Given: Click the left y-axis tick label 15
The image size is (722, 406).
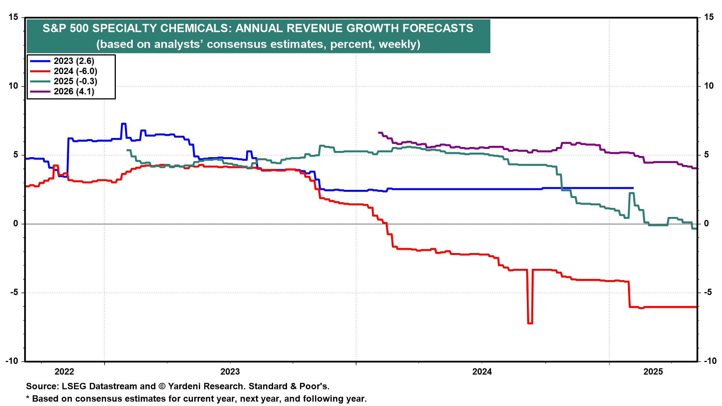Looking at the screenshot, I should coord(14,17).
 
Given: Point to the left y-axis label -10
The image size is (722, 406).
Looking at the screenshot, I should coord(12,361).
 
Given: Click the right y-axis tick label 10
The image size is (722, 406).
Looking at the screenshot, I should coord(708,86).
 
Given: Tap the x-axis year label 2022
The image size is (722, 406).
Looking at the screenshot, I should coord(64,372).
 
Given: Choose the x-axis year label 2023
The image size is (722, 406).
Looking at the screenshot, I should coord(230,372).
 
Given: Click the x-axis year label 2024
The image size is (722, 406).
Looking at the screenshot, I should coord(482,372).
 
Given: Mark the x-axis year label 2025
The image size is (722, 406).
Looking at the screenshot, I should coord(653,372).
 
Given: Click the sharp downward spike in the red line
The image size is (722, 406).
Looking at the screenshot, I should coord(530,323).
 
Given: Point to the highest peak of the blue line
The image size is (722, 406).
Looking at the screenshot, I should coord(123,124).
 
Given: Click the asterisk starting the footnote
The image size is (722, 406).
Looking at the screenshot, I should coord(28,398).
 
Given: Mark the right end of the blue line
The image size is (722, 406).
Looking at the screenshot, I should coord(633,188).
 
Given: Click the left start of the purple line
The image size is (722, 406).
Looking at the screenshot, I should coord(379,133).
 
